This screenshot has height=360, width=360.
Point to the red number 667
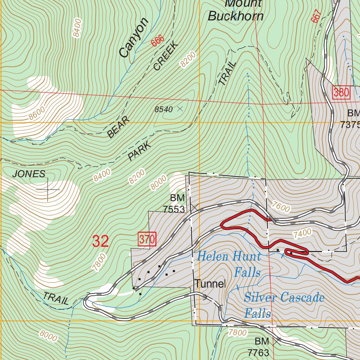pyautogui.click(x=316, y=16)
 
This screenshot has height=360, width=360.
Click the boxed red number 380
pyautogui.click(x=341, y=93)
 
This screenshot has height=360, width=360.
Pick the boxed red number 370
pyautogui.click(x=147, y=240)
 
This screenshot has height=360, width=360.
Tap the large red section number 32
pyautogui.click(x=101, y=241)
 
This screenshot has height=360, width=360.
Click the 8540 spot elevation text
pyautogui.click(x=163, y=109)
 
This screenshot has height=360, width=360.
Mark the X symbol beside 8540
pyautogui.click(x=180, y=109)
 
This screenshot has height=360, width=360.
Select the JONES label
pyautogui.click(x=29, y=174)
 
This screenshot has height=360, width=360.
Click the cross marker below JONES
pyautogui.click(x=48, y=189)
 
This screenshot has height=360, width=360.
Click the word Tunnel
pyautogui.click(x=210, y=284)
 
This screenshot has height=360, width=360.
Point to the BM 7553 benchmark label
pyautogui.click(x=174, y=204)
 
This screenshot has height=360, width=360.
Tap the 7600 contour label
pyautogui.click(x=281, y=207)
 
